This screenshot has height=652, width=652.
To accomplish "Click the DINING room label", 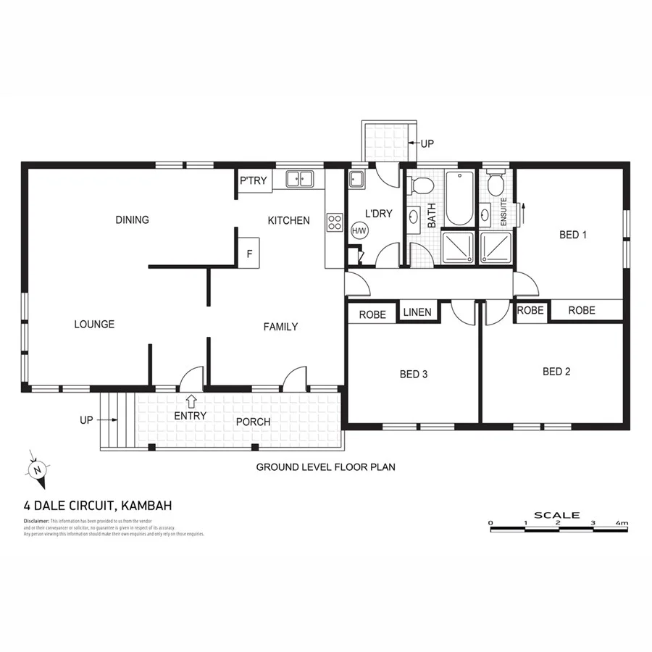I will coord(132,220).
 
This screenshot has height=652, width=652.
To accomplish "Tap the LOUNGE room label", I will coord(94,324).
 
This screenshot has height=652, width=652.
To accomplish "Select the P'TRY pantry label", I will coord(254,181).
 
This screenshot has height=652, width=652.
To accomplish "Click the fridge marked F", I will coord(249,254).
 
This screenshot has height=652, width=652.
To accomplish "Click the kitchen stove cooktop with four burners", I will coord(335,222).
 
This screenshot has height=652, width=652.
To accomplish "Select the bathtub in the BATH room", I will coord(459,198).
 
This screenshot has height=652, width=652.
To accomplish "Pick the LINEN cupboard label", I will coord(417,312).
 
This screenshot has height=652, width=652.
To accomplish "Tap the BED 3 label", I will coord(414,375).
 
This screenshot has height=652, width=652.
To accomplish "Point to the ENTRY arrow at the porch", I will coord(191,400).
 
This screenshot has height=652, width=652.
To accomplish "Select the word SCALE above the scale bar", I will coord(557,515).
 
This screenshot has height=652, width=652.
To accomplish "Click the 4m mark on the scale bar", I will coord(622,522).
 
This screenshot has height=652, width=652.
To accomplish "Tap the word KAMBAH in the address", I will coord(146,506).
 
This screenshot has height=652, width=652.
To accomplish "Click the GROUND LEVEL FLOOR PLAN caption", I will coord(325,467).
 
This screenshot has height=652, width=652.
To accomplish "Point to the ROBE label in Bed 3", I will coord(372,314).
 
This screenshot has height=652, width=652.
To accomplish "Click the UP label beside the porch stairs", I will coord(87,419).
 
